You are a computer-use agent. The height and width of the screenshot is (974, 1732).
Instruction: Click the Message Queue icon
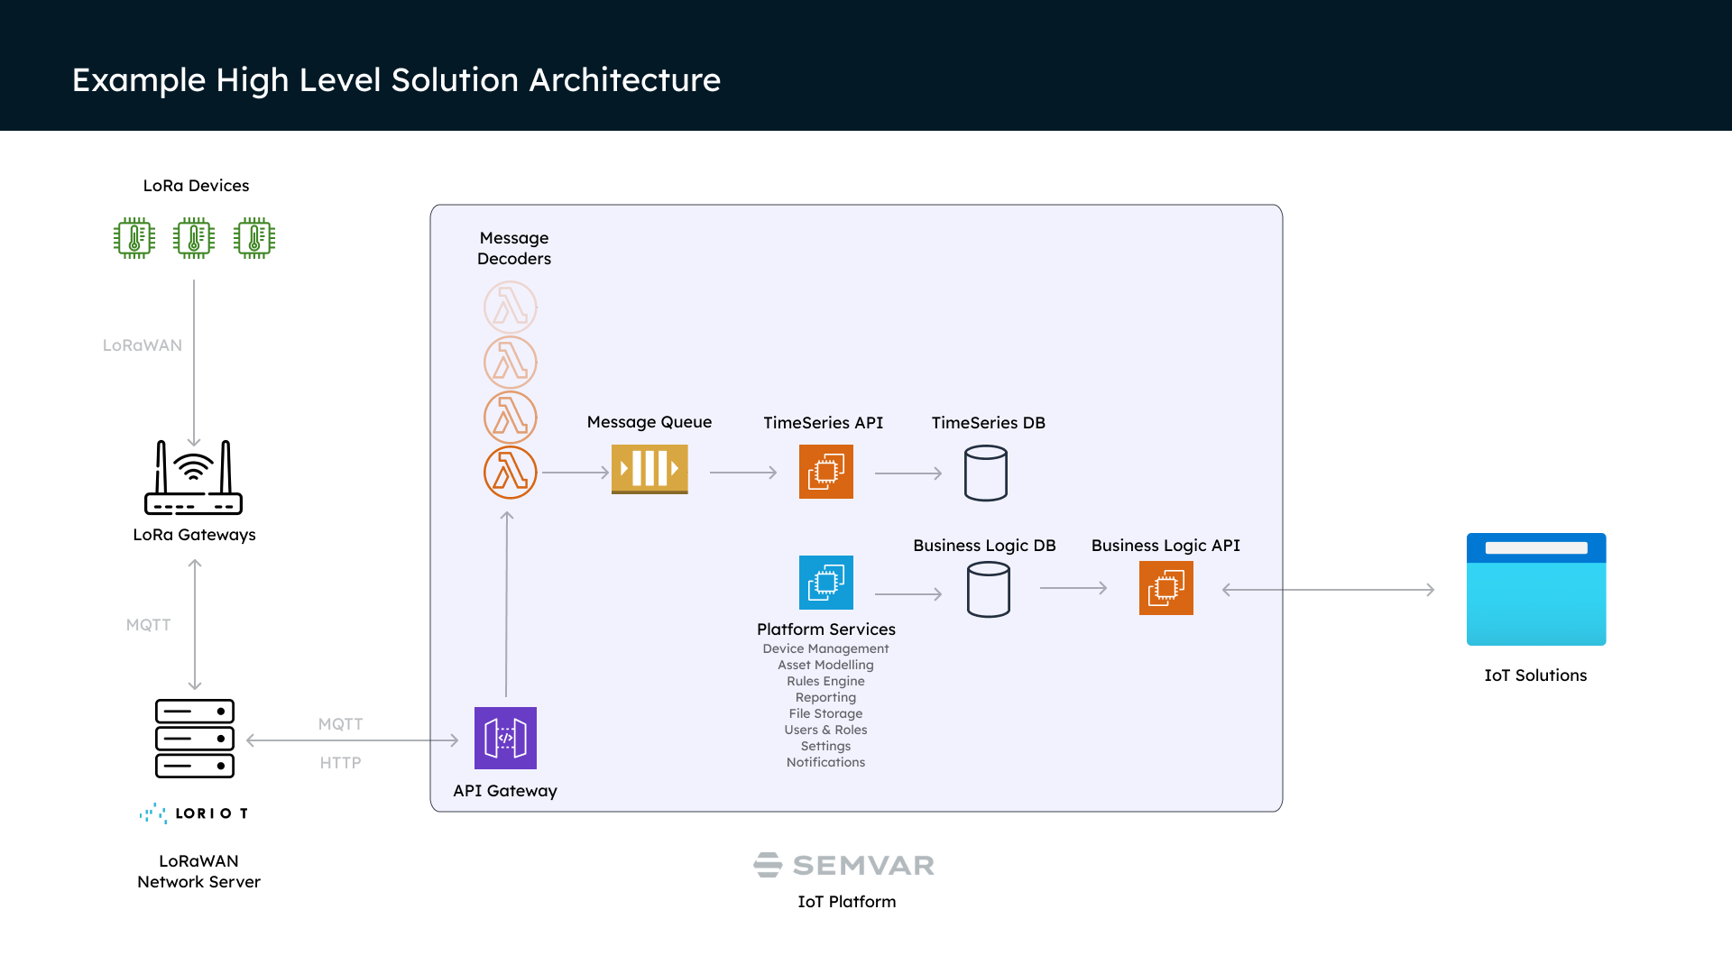(649, 469)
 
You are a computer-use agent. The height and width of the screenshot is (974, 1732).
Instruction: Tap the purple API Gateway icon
(505, 738)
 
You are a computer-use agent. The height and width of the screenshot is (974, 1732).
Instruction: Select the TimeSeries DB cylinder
(985, 473)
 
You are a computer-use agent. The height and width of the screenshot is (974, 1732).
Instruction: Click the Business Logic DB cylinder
(988, 589)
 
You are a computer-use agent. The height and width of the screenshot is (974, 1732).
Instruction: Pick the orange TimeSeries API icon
(825, 472)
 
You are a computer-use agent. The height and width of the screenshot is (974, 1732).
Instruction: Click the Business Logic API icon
(1165, 588)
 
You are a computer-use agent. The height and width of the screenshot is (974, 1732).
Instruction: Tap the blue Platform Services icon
(825, 583)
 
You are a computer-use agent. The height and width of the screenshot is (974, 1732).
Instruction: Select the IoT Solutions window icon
(1535, 589)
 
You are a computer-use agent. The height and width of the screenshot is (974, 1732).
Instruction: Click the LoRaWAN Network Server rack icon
(195, 738)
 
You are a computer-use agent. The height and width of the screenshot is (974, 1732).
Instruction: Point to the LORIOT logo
(195, 813)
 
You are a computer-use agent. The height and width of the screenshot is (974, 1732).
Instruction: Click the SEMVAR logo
(844, 865)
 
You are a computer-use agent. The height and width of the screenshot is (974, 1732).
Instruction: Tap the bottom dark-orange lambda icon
(511, 472)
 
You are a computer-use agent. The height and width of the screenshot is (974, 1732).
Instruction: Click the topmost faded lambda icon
(511, 308)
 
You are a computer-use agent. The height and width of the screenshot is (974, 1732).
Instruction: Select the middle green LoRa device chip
(194, 238)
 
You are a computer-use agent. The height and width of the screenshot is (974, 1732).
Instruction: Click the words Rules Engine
(825, 681)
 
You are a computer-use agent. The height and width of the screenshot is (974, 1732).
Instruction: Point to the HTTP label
(340, 763)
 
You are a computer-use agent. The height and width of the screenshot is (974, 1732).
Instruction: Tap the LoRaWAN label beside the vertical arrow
(143, 345)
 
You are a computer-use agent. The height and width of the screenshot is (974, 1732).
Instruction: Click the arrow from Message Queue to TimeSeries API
(743, 472)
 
